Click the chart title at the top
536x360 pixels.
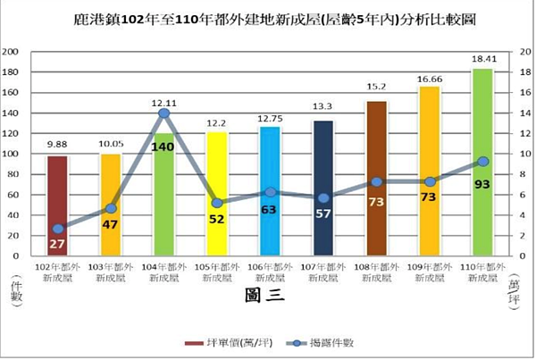click(x=268, y=18)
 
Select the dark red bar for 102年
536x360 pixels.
click(x=58, y=205)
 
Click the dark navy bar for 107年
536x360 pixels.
click(x=323, y=188)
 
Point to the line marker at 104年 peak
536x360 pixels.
click(x=164, y=113)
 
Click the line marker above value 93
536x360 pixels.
click(x=482, y=162)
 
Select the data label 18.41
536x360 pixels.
click(x=482, y=60)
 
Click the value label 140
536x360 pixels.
click(x=164, y=147)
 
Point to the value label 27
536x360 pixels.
click(x=58, y=243)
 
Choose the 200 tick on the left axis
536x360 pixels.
click(x=13, y=52)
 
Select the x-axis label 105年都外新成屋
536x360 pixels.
click(x=217, y=272)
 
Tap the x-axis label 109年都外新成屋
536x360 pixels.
click(x=430, y=272)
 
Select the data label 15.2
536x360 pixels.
click(x=376, y=87)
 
